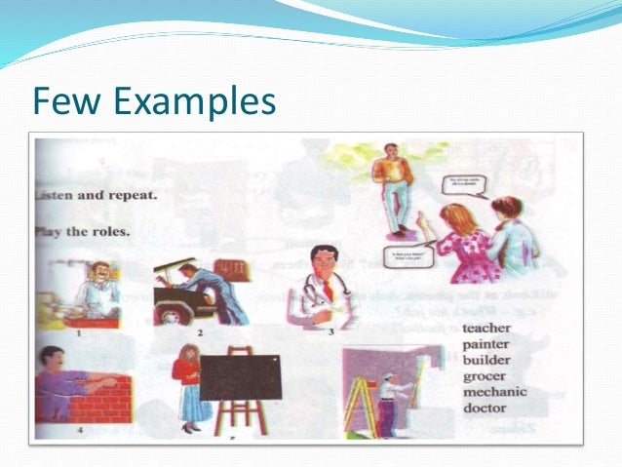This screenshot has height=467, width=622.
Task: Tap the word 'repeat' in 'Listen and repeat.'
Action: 132,194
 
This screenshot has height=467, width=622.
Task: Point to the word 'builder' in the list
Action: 488,360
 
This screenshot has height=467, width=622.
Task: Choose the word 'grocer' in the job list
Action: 486,375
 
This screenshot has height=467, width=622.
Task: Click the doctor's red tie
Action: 326,289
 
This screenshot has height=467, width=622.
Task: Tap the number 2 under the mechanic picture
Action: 199,332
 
